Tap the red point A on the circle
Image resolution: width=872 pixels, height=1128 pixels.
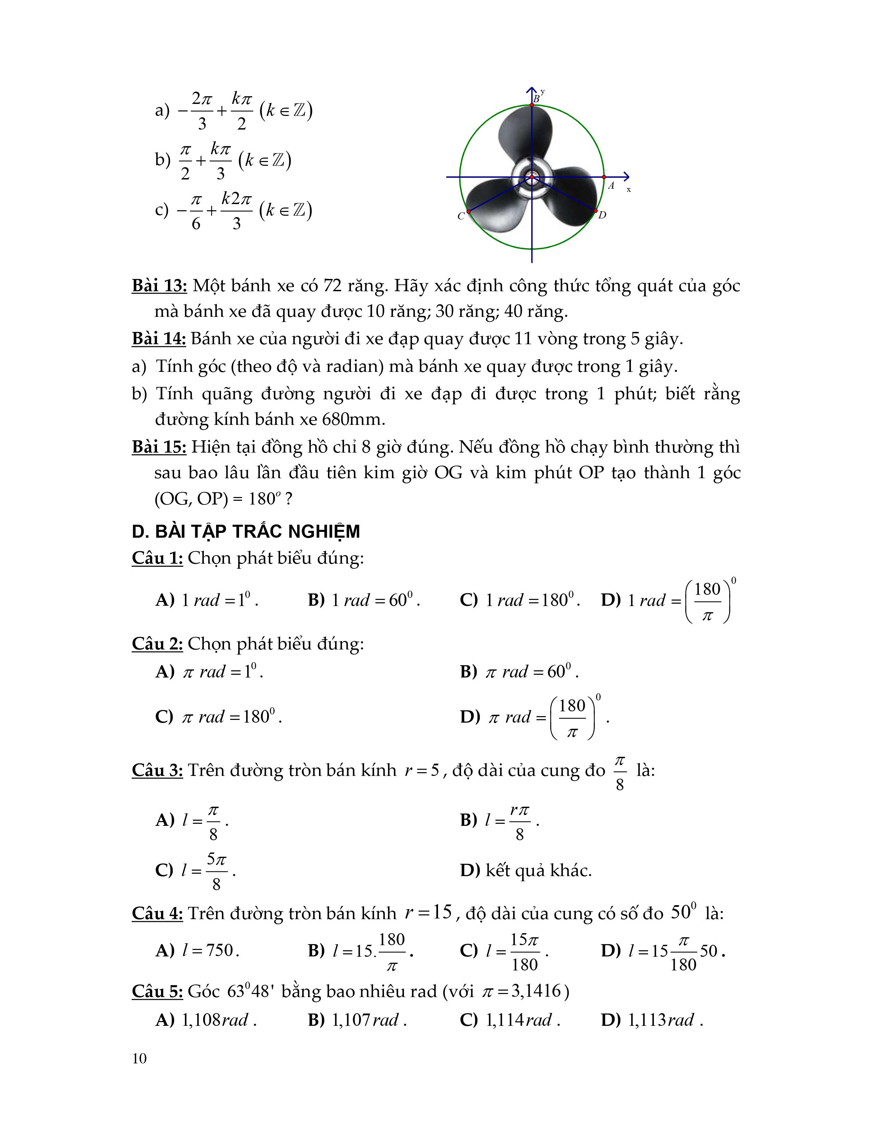(x=604, y=177)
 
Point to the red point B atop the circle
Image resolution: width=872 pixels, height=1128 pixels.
(x=532, y=105)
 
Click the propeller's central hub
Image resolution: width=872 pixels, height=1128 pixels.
(x=532, y=177)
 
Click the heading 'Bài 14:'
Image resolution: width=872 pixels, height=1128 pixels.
(x=159, y=339)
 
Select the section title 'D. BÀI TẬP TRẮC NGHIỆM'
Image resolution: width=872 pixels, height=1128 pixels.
(x=246, y=532)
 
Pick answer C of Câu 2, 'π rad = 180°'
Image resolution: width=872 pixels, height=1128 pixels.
(x=219, y=717)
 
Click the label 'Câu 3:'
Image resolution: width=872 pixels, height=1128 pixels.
(x=157, y=770)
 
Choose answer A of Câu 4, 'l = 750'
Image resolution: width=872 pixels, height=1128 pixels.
(x=197, y=950)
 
